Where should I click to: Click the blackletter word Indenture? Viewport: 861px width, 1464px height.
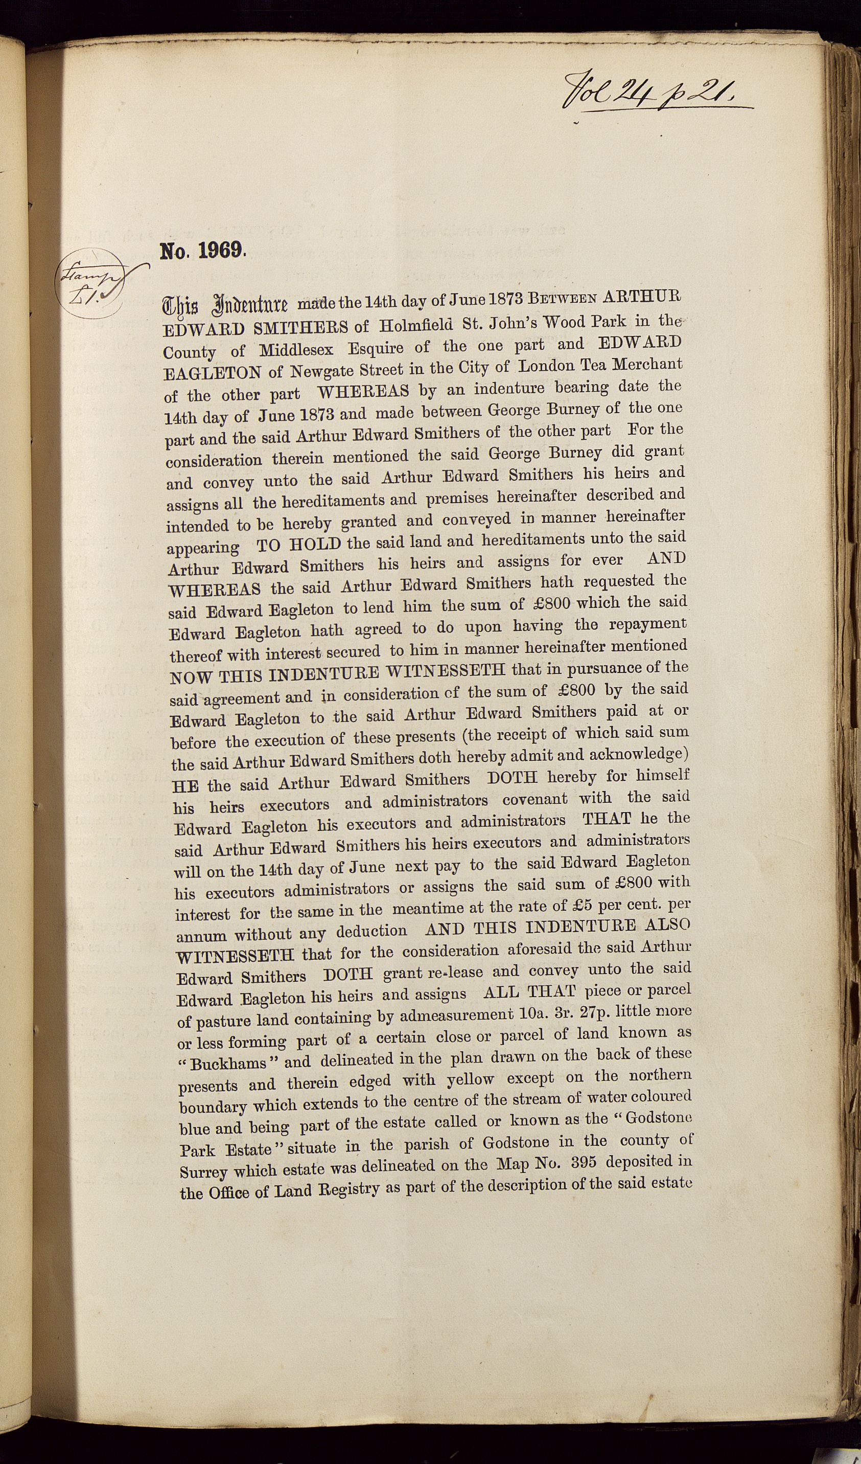251,304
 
